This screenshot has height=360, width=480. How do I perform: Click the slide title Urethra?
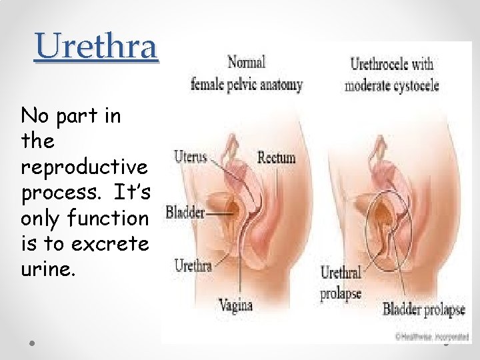(97, 47)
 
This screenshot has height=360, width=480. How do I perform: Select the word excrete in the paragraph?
(111, 245)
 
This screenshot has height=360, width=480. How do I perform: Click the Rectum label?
(277, 158)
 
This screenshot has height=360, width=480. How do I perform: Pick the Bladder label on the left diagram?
(185, 213)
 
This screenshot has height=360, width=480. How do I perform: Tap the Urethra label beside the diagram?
(193, 265)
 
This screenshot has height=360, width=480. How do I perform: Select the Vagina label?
(236, 305)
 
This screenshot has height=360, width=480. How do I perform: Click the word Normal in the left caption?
(246, 63)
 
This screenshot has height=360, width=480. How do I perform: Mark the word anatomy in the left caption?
(280, 85)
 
